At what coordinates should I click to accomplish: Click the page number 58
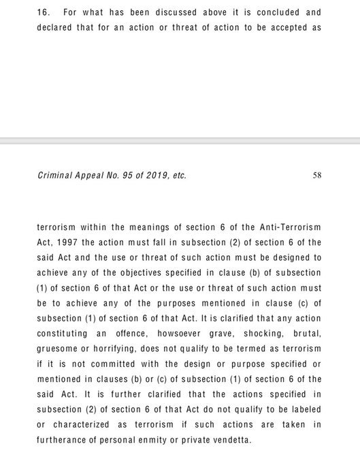(x=316, y=174)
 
